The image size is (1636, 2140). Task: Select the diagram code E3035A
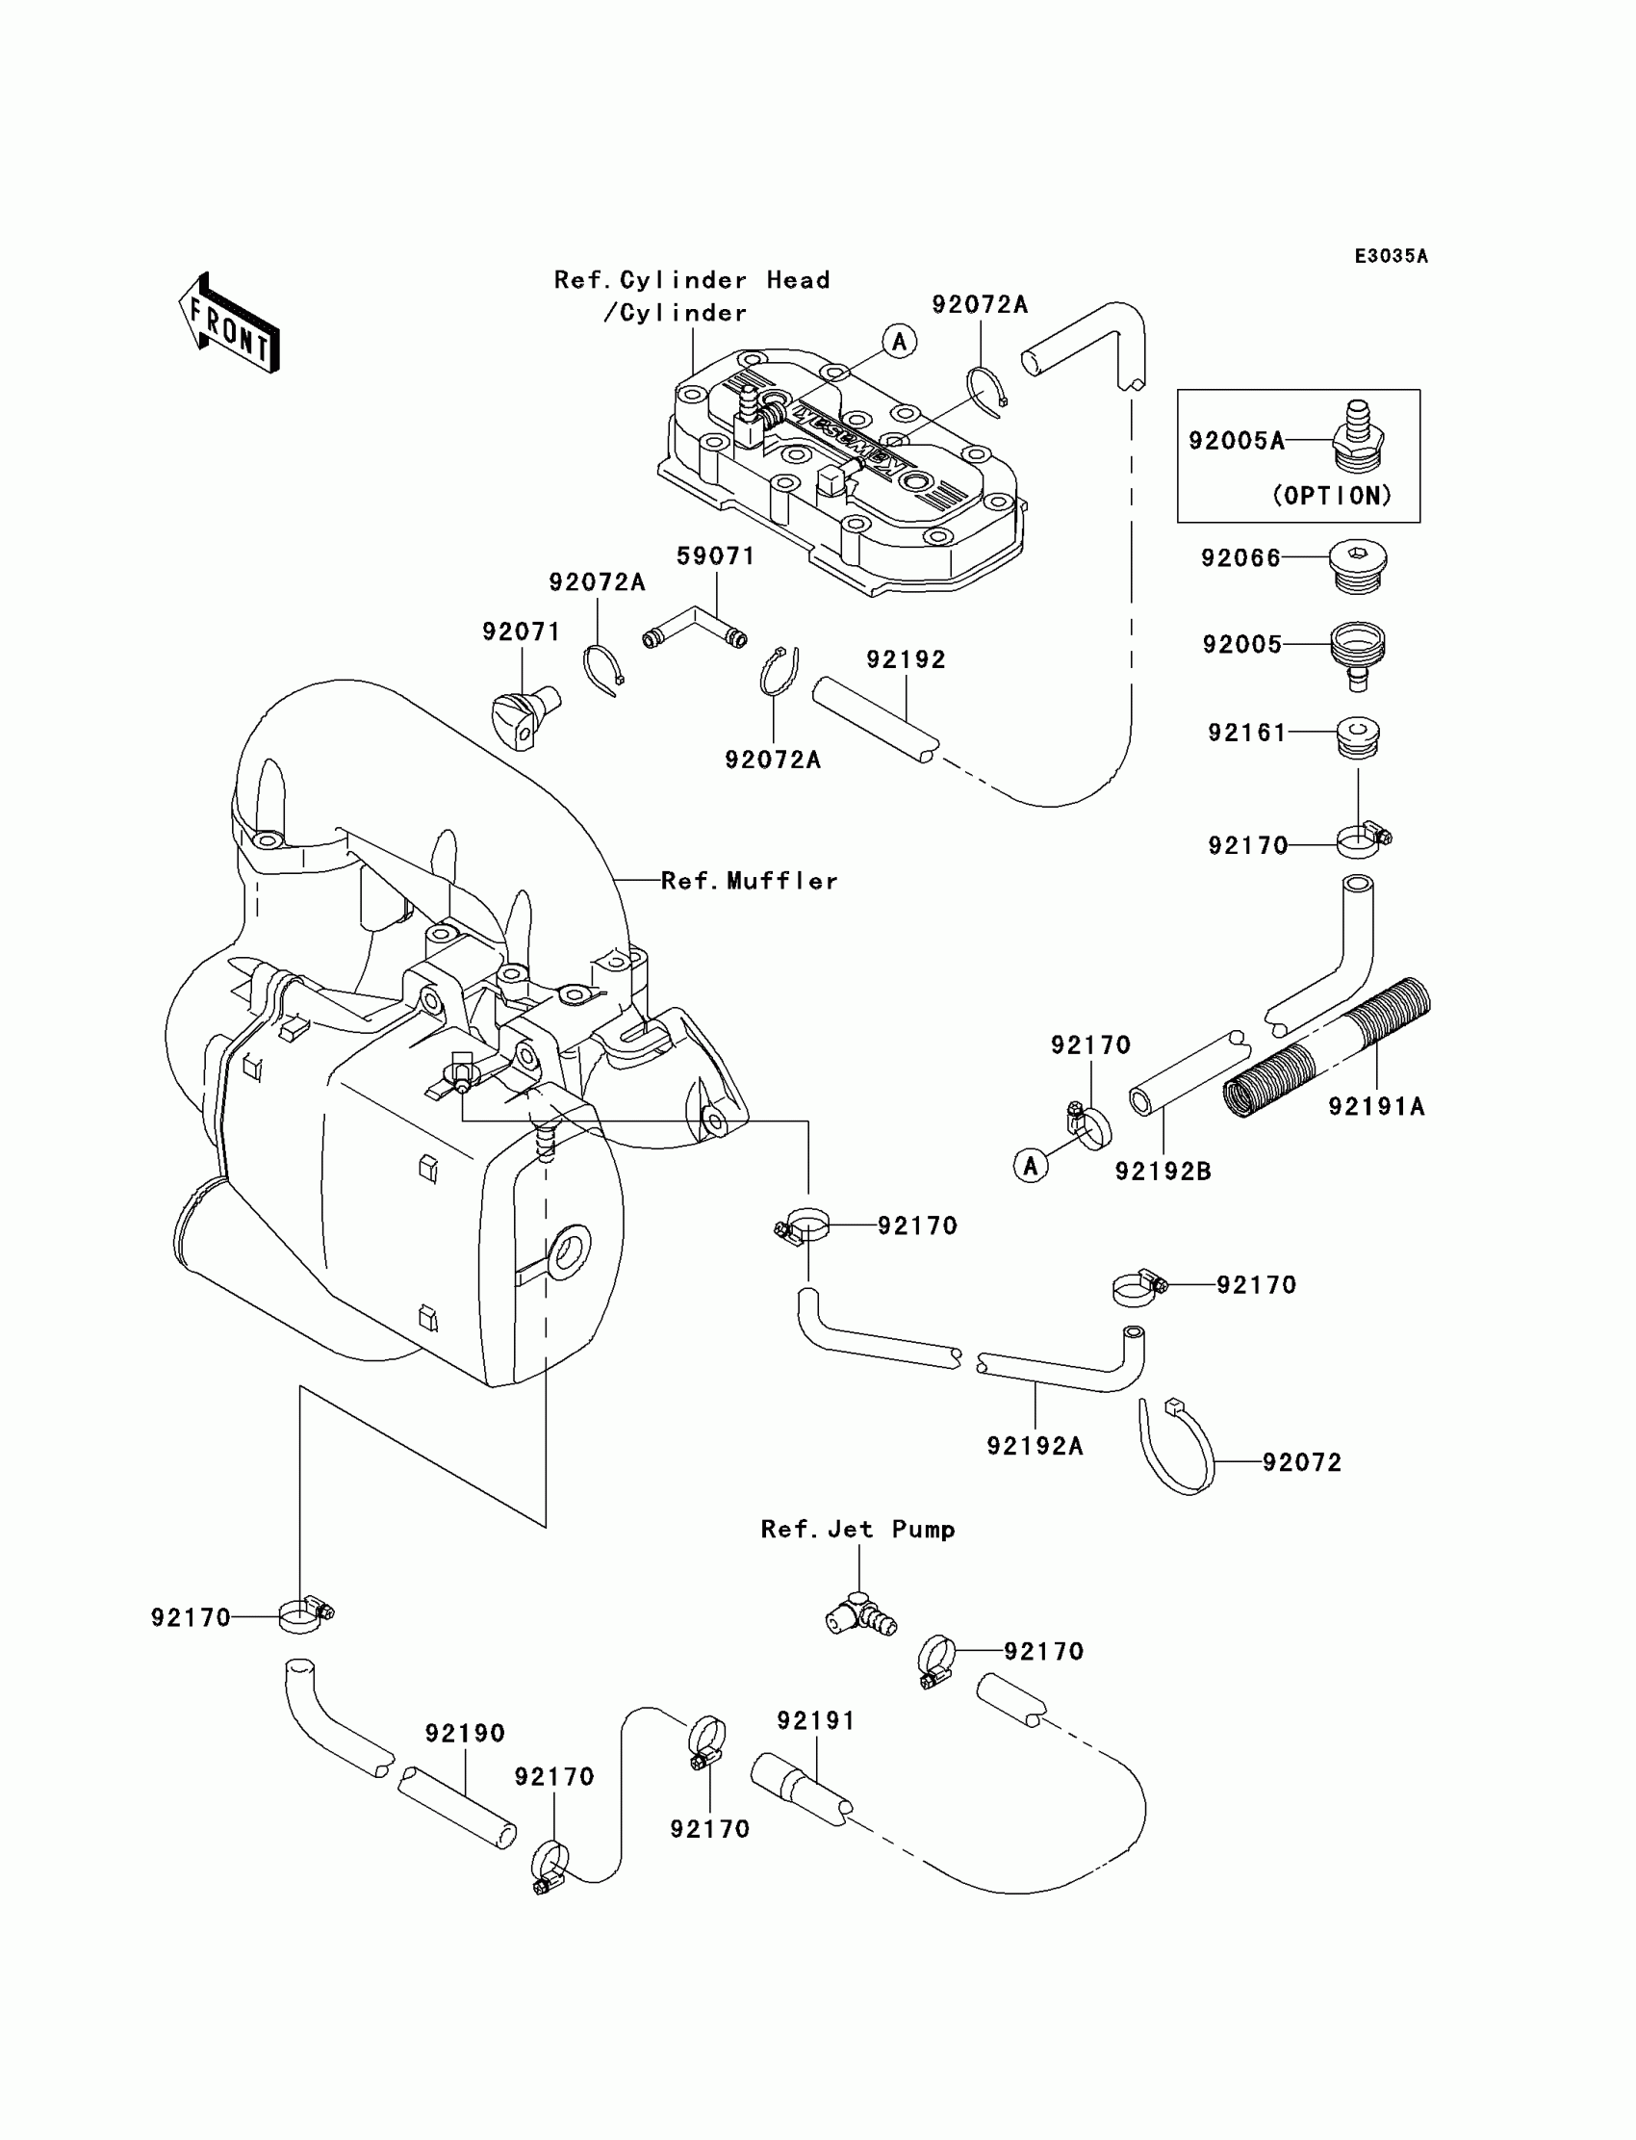1391,256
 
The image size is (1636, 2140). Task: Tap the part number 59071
716,556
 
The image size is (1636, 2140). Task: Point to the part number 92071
522,632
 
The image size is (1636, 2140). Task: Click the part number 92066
1240,558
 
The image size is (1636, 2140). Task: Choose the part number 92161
1247,733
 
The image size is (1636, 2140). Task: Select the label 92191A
1376,1106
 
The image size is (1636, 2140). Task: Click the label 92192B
1163,1172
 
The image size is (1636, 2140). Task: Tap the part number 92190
465,1734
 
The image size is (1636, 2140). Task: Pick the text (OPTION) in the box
1332,496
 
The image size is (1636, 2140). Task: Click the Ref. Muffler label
749,881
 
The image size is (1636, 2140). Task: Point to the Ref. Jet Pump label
856,1530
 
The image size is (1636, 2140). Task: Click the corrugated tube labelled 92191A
1326,1048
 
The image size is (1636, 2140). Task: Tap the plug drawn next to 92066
1358,565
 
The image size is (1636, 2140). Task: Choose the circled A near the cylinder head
899,341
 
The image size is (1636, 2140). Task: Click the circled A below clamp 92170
1031,1165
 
